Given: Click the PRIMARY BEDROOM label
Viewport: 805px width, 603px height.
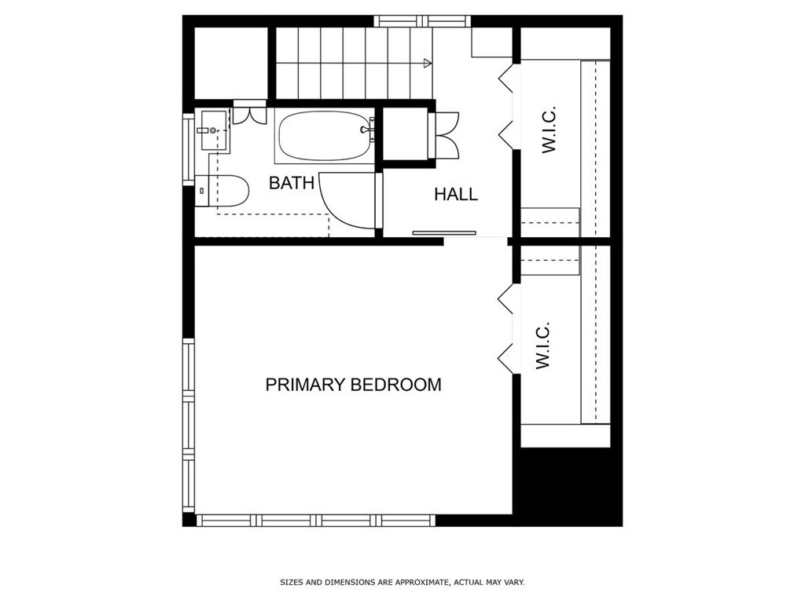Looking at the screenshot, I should pyautogui.click(x=353, y=385).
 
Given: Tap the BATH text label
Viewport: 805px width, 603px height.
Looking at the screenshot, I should pyautogui.click(x=292, y=183).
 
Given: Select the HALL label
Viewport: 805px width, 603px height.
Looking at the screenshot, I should pyautogui.click(x=456, y=194).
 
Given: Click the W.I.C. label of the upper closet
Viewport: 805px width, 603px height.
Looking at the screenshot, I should pyautogui.click(x=549, y=129).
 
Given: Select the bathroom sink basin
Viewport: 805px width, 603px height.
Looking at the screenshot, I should pyautogui.click(x=212, y=129).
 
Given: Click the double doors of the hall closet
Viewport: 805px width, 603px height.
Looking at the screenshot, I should pyautogui.click(x=447, y=136).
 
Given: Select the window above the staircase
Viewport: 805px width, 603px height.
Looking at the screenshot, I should pyautogui.click(x=422, y=21).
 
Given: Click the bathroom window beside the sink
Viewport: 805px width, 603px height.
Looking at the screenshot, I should pyautogui.click(x=188, y=149).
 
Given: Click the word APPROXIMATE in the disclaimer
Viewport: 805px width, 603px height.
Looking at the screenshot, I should pyautogui.click(x=414, y=583).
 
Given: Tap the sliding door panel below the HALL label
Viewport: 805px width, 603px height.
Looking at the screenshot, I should pyautogui.click(x=445, y=232).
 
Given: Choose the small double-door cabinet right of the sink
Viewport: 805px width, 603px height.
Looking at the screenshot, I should pyautogui.click(x=251, y=112).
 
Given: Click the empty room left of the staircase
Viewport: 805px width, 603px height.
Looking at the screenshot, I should pyautogui.click(x=230, y=63).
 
